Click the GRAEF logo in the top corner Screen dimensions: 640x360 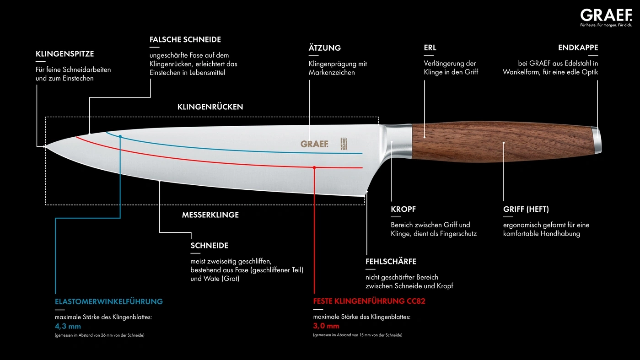click(606, 15)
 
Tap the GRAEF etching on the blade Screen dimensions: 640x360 click(314, 144)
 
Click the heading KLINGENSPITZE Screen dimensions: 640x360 click(65, 54)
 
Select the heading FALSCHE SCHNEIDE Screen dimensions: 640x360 click(185, 39)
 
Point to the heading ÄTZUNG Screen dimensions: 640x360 click(324, 48)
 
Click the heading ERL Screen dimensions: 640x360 click(430, 48)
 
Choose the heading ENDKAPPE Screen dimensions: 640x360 click(578, 48)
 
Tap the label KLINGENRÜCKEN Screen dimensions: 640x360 click(210, 107)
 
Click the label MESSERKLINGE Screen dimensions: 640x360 click(210, 215)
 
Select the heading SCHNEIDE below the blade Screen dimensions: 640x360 click(210, 246)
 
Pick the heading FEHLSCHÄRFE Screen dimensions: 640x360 click(391, 261)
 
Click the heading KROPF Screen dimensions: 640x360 click(403, 209)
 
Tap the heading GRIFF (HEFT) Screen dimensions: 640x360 click(526, 209)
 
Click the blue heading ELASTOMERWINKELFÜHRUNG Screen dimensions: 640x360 click(109, 301)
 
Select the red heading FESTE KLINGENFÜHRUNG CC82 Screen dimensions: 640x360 click(369, 301)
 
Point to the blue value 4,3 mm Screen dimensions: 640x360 click(68, 326)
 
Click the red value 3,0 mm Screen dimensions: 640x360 click(326, 326)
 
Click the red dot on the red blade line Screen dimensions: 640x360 click(314, 168)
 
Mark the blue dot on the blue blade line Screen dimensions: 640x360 click(120, 137)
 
